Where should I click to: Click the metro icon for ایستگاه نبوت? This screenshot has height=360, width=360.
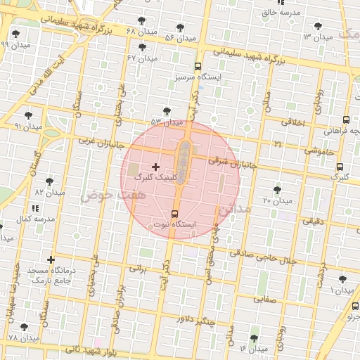click(x=175, y=214)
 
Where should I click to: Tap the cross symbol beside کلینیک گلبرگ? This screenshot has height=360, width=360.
click(x=155, y=167)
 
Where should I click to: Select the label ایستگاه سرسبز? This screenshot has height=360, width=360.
click(x=197, y=76)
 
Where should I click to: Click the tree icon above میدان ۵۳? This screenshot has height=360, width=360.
click(x=167, y=111)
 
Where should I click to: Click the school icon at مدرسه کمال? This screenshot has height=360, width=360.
click(x=35, y=209)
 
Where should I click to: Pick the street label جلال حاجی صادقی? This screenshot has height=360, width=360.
click(x=263, y=257)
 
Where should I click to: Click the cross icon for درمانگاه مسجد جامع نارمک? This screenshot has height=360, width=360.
click(x=50, y=259)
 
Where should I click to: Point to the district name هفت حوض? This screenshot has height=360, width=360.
click(x=100, y=195)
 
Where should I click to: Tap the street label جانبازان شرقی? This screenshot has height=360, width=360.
click(x=231, y=162)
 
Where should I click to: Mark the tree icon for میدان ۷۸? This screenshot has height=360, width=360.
click(x=25, y=328)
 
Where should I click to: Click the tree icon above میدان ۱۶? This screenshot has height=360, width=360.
click(x=255, y=338)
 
